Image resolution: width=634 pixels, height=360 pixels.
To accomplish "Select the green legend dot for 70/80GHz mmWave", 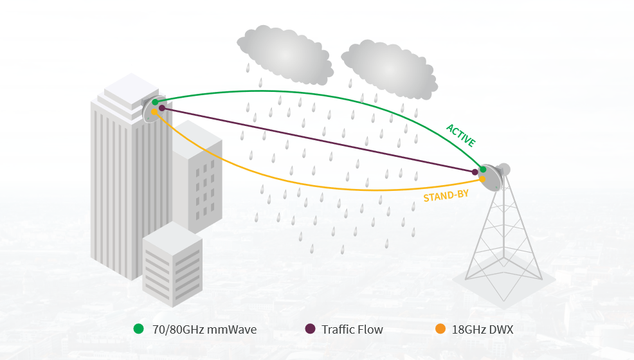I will (x=138, y=329).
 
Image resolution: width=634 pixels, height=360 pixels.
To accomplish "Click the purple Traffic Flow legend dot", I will (x=310, y=329).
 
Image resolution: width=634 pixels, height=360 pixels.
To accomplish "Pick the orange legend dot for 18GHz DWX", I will (x=440, y=329).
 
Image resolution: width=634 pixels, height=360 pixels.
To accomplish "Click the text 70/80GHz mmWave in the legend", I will (x=204, y=330).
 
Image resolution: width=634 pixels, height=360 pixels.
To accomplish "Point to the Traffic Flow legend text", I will (x=352, y=330).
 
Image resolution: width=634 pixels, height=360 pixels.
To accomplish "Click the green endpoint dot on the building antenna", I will (x=155, y=102).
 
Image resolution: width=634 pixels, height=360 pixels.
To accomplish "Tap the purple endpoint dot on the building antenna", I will (x=162, y=108).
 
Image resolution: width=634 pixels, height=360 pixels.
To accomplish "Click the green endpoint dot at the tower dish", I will (x=483, y=168).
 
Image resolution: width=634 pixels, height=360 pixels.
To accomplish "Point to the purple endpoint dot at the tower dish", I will (x=475, y=172).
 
